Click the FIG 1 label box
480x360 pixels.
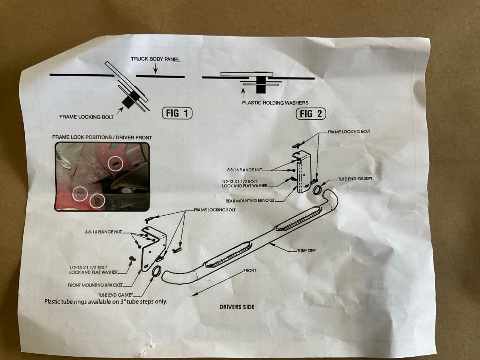pyautogui.click(x=177, y=113)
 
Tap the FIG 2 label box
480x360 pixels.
pyautogui.click(x=311, y=114)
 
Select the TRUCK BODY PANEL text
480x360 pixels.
pyautogui.click(x=155, y=59)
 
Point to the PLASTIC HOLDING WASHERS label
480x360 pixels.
pyautogui.click(x=275, y=102)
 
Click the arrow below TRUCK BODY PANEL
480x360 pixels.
pyautogui.click(x=155, y=68)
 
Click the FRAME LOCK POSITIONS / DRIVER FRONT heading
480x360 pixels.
pyautogui.click(x=102, y=138)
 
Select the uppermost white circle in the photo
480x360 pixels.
pyautogui.click(x=115, y=163)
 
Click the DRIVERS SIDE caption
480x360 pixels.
pyautogui.click(x=237, y=307)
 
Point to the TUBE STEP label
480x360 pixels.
pyautogui.click(x=306, y=250)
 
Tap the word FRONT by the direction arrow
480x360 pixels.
pyautogui.click(x=250, y=271)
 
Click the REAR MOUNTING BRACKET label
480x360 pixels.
pyautogui.click(x=250, y=200)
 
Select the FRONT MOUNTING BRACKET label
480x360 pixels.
pyautogui.click(x=95, y=285)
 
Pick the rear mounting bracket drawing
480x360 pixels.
pyautogui.click(x=303, y=172)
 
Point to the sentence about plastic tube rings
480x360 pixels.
pyautogui.click(x=106, y=301)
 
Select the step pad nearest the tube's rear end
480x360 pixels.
pyautogui.click(x=298, y=222)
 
